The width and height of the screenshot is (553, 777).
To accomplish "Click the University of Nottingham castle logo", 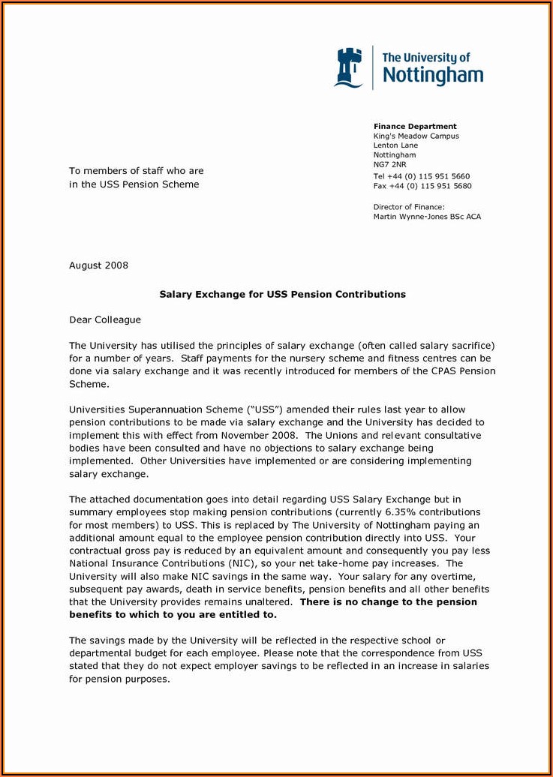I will point(348,67).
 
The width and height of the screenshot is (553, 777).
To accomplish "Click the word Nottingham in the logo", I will point(433,74).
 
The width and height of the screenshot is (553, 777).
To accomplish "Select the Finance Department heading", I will point(415,126).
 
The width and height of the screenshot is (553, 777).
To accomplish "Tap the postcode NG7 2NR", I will point(389,164).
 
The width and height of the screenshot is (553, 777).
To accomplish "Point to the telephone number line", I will point(422,176).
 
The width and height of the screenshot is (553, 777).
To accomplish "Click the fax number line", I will point(422,186).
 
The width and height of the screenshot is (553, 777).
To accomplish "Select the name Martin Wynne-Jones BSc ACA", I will point(427,217).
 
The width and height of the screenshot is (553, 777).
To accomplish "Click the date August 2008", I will point(98,265).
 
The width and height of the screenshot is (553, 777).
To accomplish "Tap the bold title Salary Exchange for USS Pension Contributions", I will point(282,295).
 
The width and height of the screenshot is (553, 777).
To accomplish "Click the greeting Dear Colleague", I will point(105,320).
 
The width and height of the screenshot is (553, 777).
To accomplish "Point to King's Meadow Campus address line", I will point(416,136).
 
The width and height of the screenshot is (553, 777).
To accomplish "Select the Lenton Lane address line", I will point(395,145).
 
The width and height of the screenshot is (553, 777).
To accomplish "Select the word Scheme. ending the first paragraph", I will point(89,384).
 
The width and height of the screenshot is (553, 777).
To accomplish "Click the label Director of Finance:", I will point(409,207).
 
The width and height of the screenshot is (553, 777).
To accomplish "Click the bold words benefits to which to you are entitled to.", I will point(173,615).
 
